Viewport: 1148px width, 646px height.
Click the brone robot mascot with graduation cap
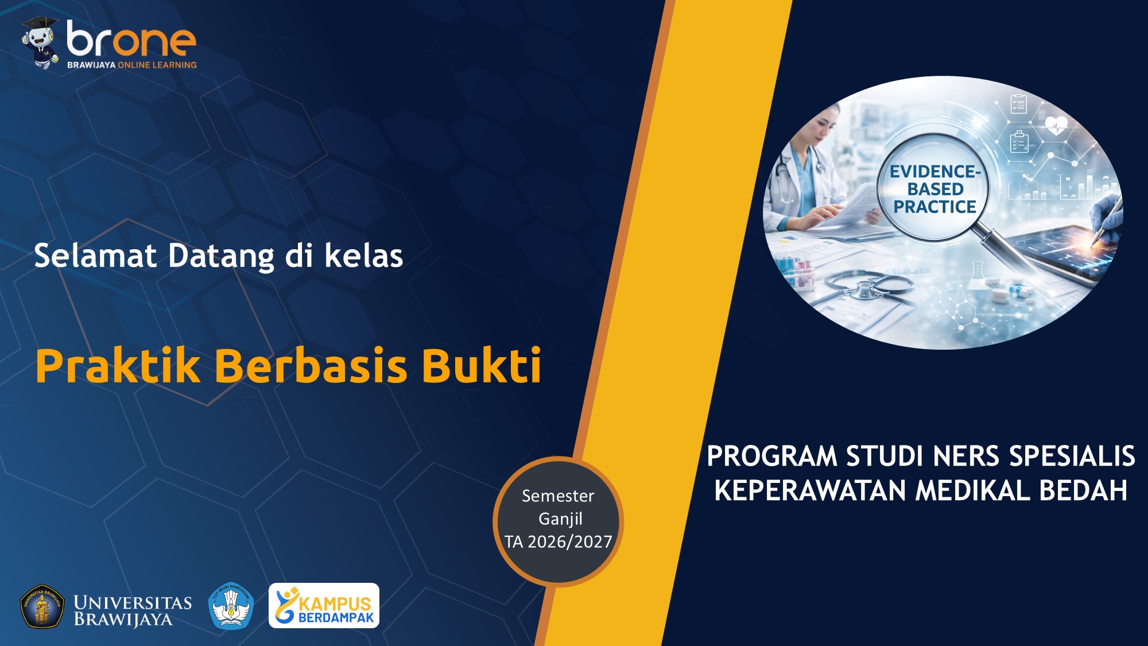(x=41, y=44)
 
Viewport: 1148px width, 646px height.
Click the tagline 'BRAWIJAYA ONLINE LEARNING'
(x=131, y=65)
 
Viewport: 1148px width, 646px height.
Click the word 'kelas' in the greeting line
(x=364, y=256)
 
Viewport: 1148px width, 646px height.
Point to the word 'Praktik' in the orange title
(x=118, y=366)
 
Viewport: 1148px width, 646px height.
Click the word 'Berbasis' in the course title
(x=311, y=366)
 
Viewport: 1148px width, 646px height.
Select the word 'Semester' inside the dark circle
(x=558, y=496)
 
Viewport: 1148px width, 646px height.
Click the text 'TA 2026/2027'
(x=558, y=541)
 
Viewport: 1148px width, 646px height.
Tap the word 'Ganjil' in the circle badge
(x=560, y=519)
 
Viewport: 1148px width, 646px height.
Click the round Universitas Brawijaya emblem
(x=42, y=606)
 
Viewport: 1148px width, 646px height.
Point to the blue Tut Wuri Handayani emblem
(x=231, y=606)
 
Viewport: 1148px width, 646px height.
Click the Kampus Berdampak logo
(x=324, y=606)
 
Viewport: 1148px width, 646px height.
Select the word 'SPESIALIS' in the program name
(x=1072, y=457)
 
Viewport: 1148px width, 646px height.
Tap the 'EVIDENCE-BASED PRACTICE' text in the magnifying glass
(x=934, y=189)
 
